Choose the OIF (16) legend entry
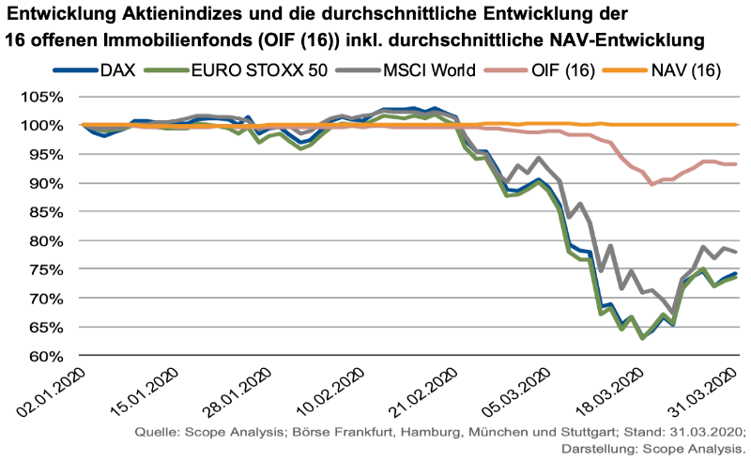(555, 71)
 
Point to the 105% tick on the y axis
(43, 97)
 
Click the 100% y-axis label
(43, 126)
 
